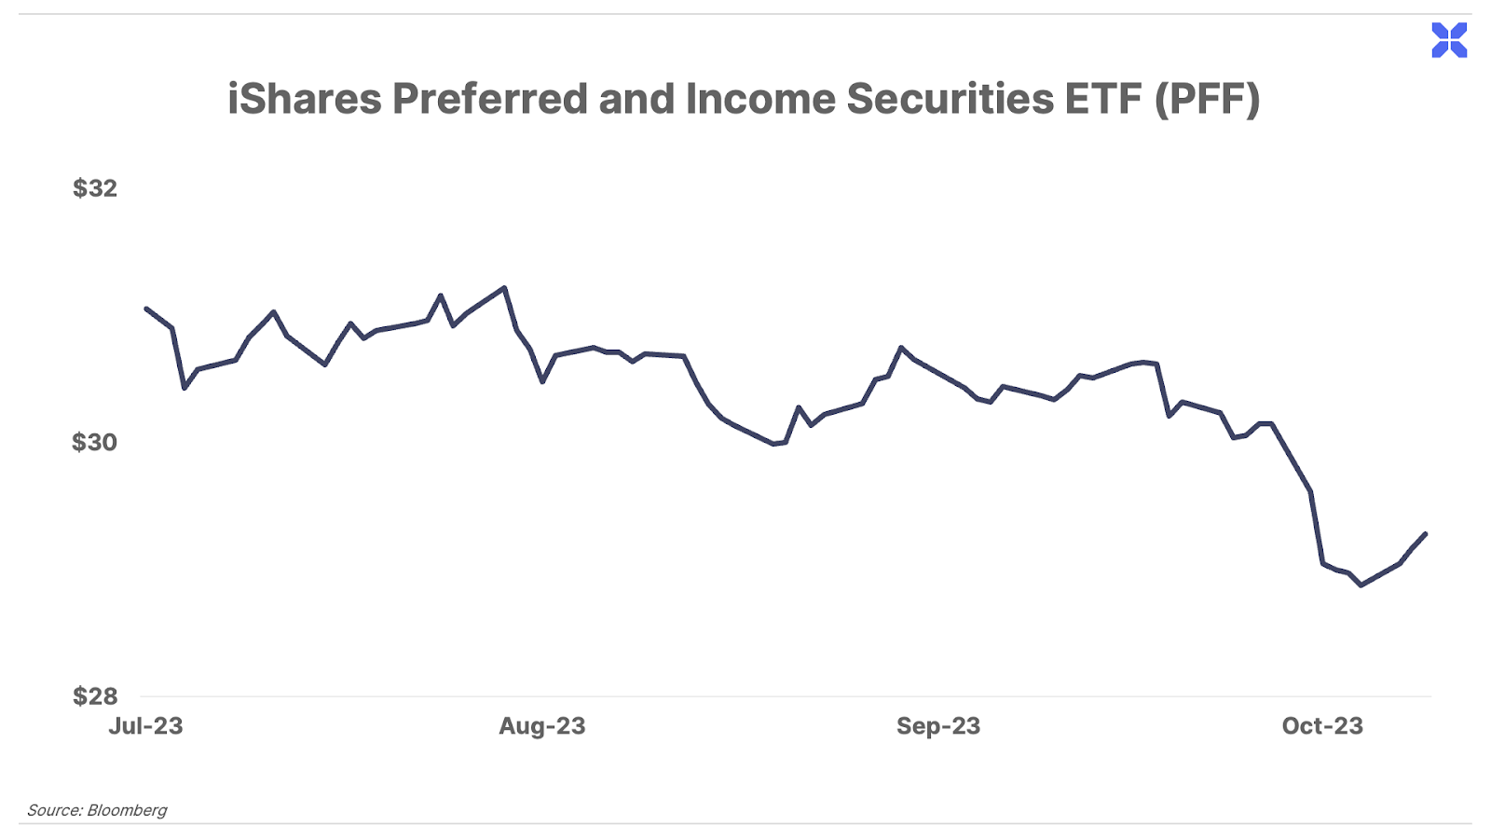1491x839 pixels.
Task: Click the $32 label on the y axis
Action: point(95,188)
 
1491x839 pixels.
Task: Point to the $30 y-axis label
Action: point(95,442)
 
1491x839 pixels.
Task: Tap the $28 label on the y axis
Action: point(95,696)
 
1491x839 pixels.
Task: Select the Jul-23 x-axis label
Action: point(145,726)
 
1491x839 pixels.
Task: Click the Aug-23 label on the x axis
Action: point(542,726)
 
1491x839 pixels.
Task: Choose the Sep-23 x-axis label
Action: point(938,726)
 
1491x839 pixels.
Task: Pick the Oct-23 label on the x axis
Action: point(1322,726)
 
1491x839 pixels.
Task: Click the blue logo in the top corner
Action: point(1449,40)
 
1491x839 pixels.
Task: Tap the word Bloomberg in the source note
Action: point(127,810)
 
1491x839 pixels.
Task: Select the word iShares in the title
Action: point(304,99)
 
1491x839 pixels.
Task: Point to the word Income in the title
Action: point(760,99)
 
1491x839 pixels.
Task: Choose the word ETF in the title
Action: point(1103,99)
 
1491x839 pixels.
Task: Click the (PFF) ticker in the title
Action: point(1208,99)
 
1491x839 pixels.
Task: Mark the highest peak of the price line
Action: point(504,288)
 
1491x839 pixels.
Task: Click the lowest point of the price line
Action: point(1361,585)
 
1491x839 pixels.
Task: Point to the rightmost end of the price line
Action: point(1426,534)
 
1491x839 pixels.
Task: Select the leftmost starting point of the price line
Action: point(146,309)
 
